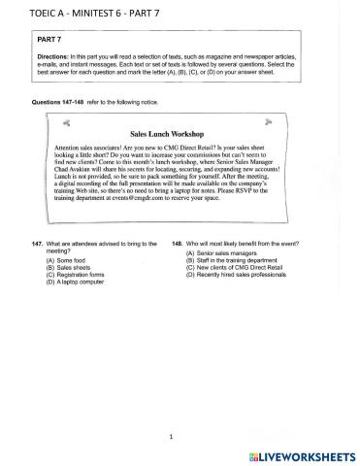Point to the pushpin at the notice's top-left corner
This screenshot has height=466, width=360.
[66, 123]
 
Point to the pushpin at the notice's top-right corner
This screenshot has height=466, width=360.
[288, 123]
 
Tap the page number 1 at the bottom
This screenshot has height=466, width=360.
[170, 437]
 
